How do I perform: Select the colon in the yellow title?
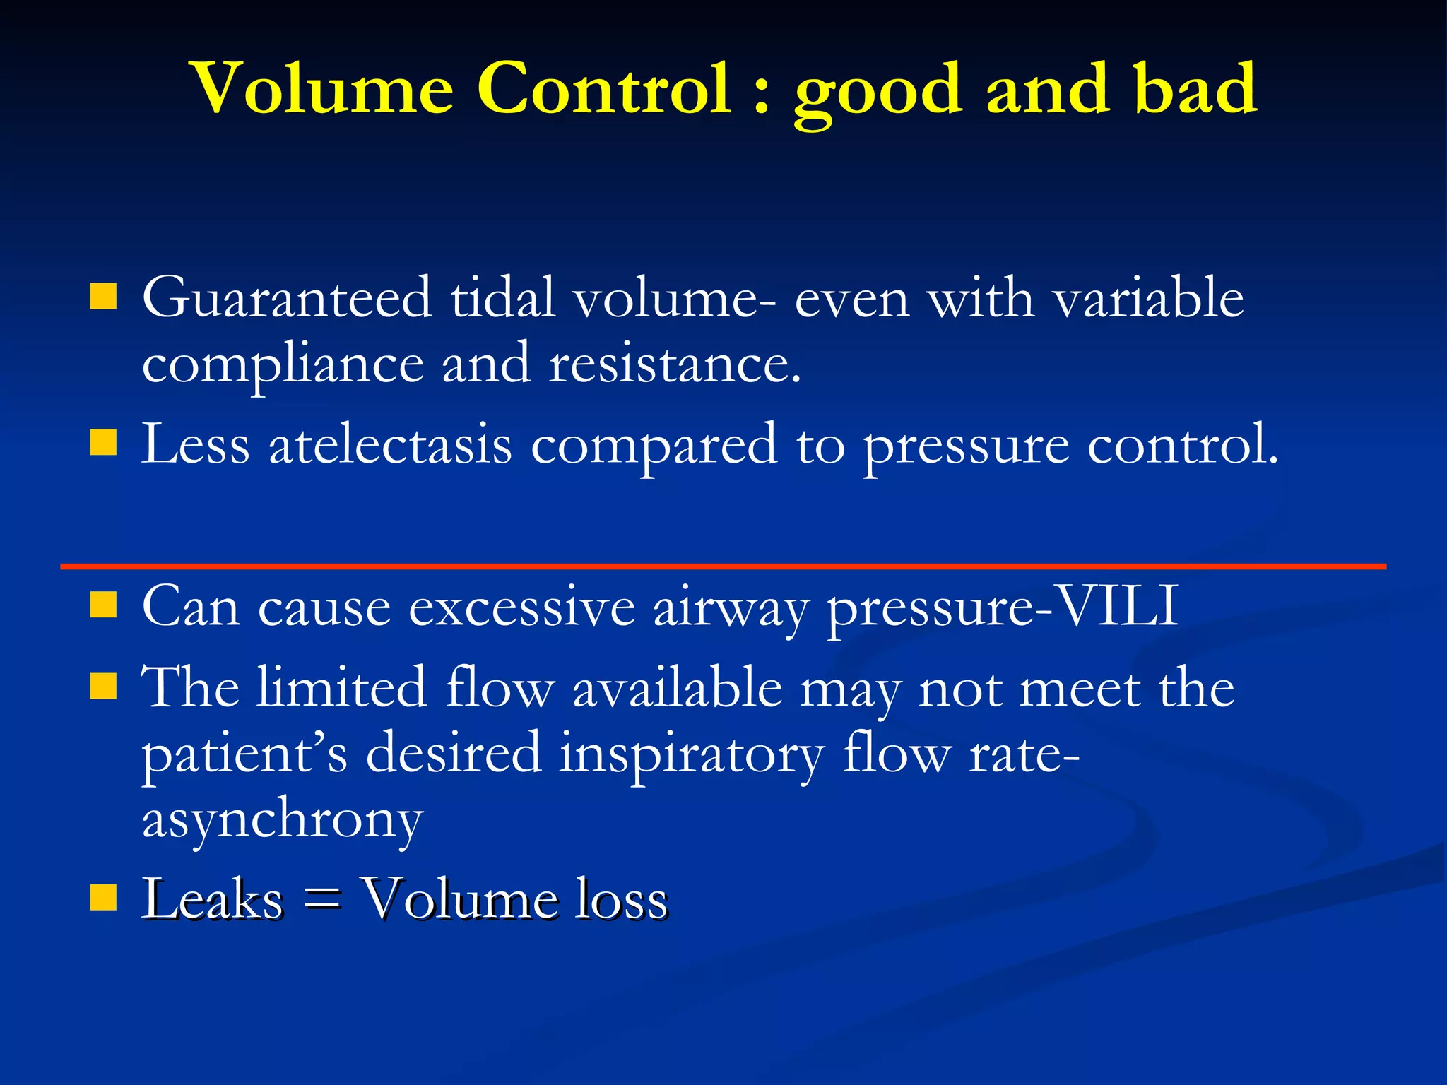pyautogui.click(x=761, y=95)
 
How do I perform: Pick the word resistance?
pyautogui.click(x=675, y=364)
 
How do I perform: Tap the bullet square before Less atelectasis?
pyautogui.click(x=103, y=444)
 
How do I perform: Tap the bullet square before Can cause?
pyautogui.click(x=103, y=605)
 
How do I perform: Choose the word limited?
pyautogui.click(x=341, y=687)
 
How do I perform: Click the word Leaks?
pyautogui.click(x=212, y=899)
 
